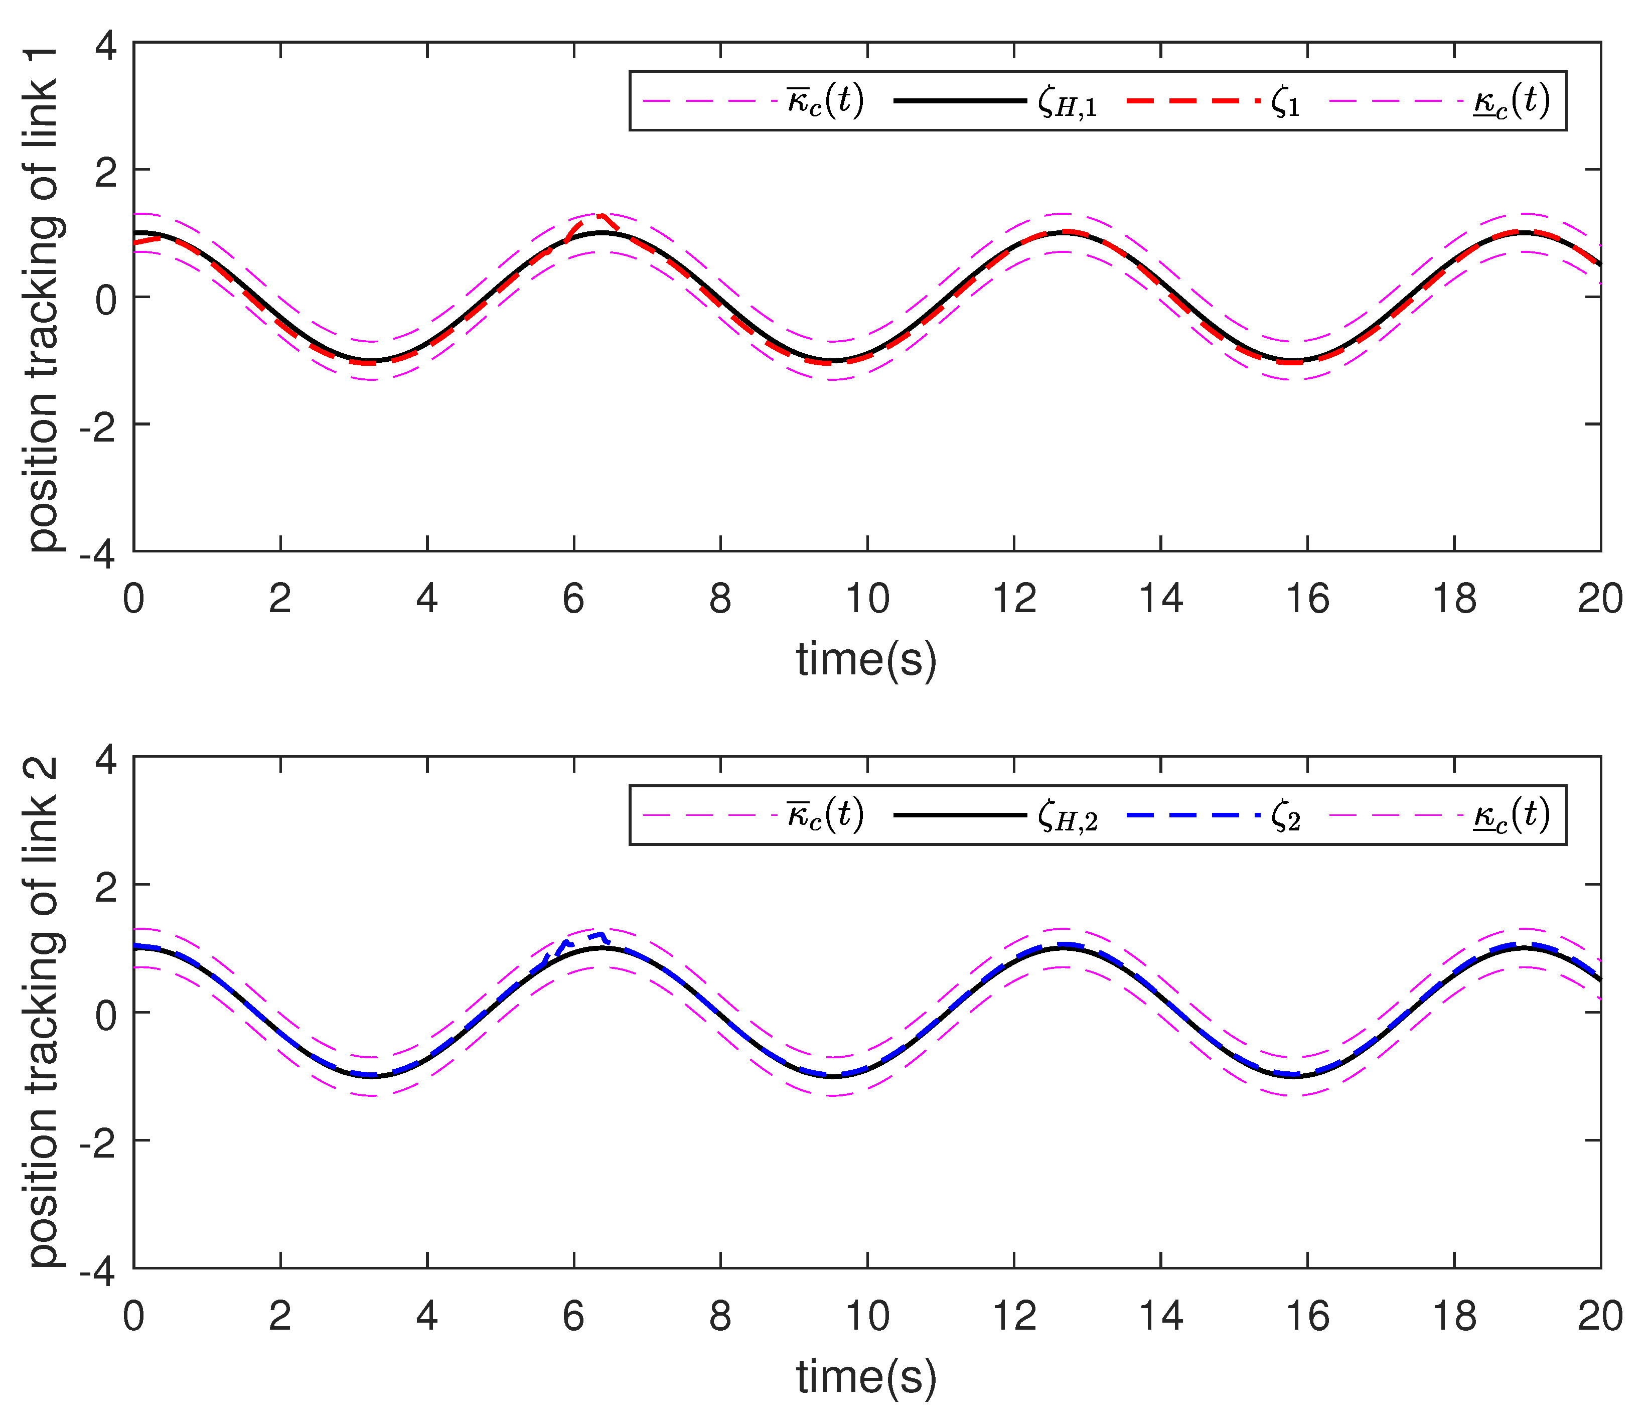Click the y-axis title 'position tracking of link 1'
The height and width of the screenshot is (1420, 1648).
click(44, 299)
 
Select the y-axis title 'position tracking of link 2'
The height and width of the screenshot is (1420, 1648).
click(44, 1012)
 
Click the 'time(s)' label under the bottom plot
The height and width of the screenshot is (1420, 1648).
click(866, 1377)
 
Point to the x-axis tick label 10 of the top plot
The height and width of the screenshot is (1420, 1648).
click(866, 598)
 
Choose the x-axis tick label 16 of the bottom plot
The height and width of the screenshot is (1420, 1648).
click(1307, 1316)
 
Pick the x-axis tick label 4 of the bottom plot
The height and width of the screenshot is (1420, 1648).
click(427, 1316)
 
